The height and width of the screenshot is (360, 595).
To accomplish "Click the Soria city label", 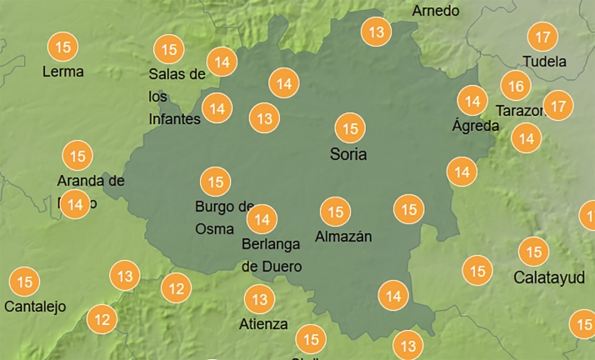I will [x=348, y=154].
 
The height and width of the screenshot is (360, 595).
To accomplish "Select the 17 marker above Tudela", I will [x=543, y=37].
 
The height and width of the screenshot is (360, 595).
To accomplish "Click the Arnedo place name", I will [x=435, y=11].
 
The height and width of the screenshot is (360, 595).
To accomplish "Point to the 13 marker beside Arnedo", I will [x=377, y=32].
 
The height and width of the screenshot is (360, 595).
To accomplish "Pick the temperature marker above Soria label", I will [x=350, y=128].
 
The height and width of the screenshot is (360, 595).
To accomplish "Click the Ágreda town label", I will [x=475, y=127].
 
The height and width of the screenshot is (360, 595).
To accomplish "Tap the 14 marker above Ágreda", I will [x=472, y=102].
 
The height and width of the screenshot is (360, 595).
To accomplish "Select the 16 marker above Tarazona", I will [x=516, y=86].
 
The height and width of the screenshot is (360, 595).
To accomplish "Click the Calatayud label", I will [x=549, y=277].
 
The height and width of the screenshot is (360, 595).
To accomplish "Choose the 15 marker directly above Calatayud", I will [x=533, y=252].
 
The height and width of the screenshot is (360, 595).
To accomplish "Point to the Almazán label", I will [x=343, y=237].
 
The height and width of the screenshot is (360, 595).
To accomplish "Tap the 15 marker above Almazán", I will [x=336, y=212].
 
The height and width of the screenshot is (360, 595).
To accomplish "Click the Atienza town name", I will [x=264, y=323].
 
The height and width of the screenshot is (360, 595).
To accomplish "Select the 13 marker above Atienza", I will [x=260, y=298].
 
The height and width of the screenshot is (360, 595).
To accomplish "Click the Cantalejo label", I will [x=35, y=307].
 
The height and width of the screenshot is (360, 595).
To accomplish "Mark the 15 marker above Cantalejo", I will [x=24, y=282].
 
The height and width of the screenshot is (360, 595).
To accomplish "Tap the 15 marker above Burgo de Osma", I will [x=216, y=181].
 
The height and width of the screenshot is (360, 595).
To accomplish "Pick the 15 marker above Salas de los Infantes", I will [x=169, y=49].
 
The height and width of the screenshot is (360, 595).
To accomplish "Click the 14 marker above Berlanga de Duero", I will [x=262, y=219].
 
